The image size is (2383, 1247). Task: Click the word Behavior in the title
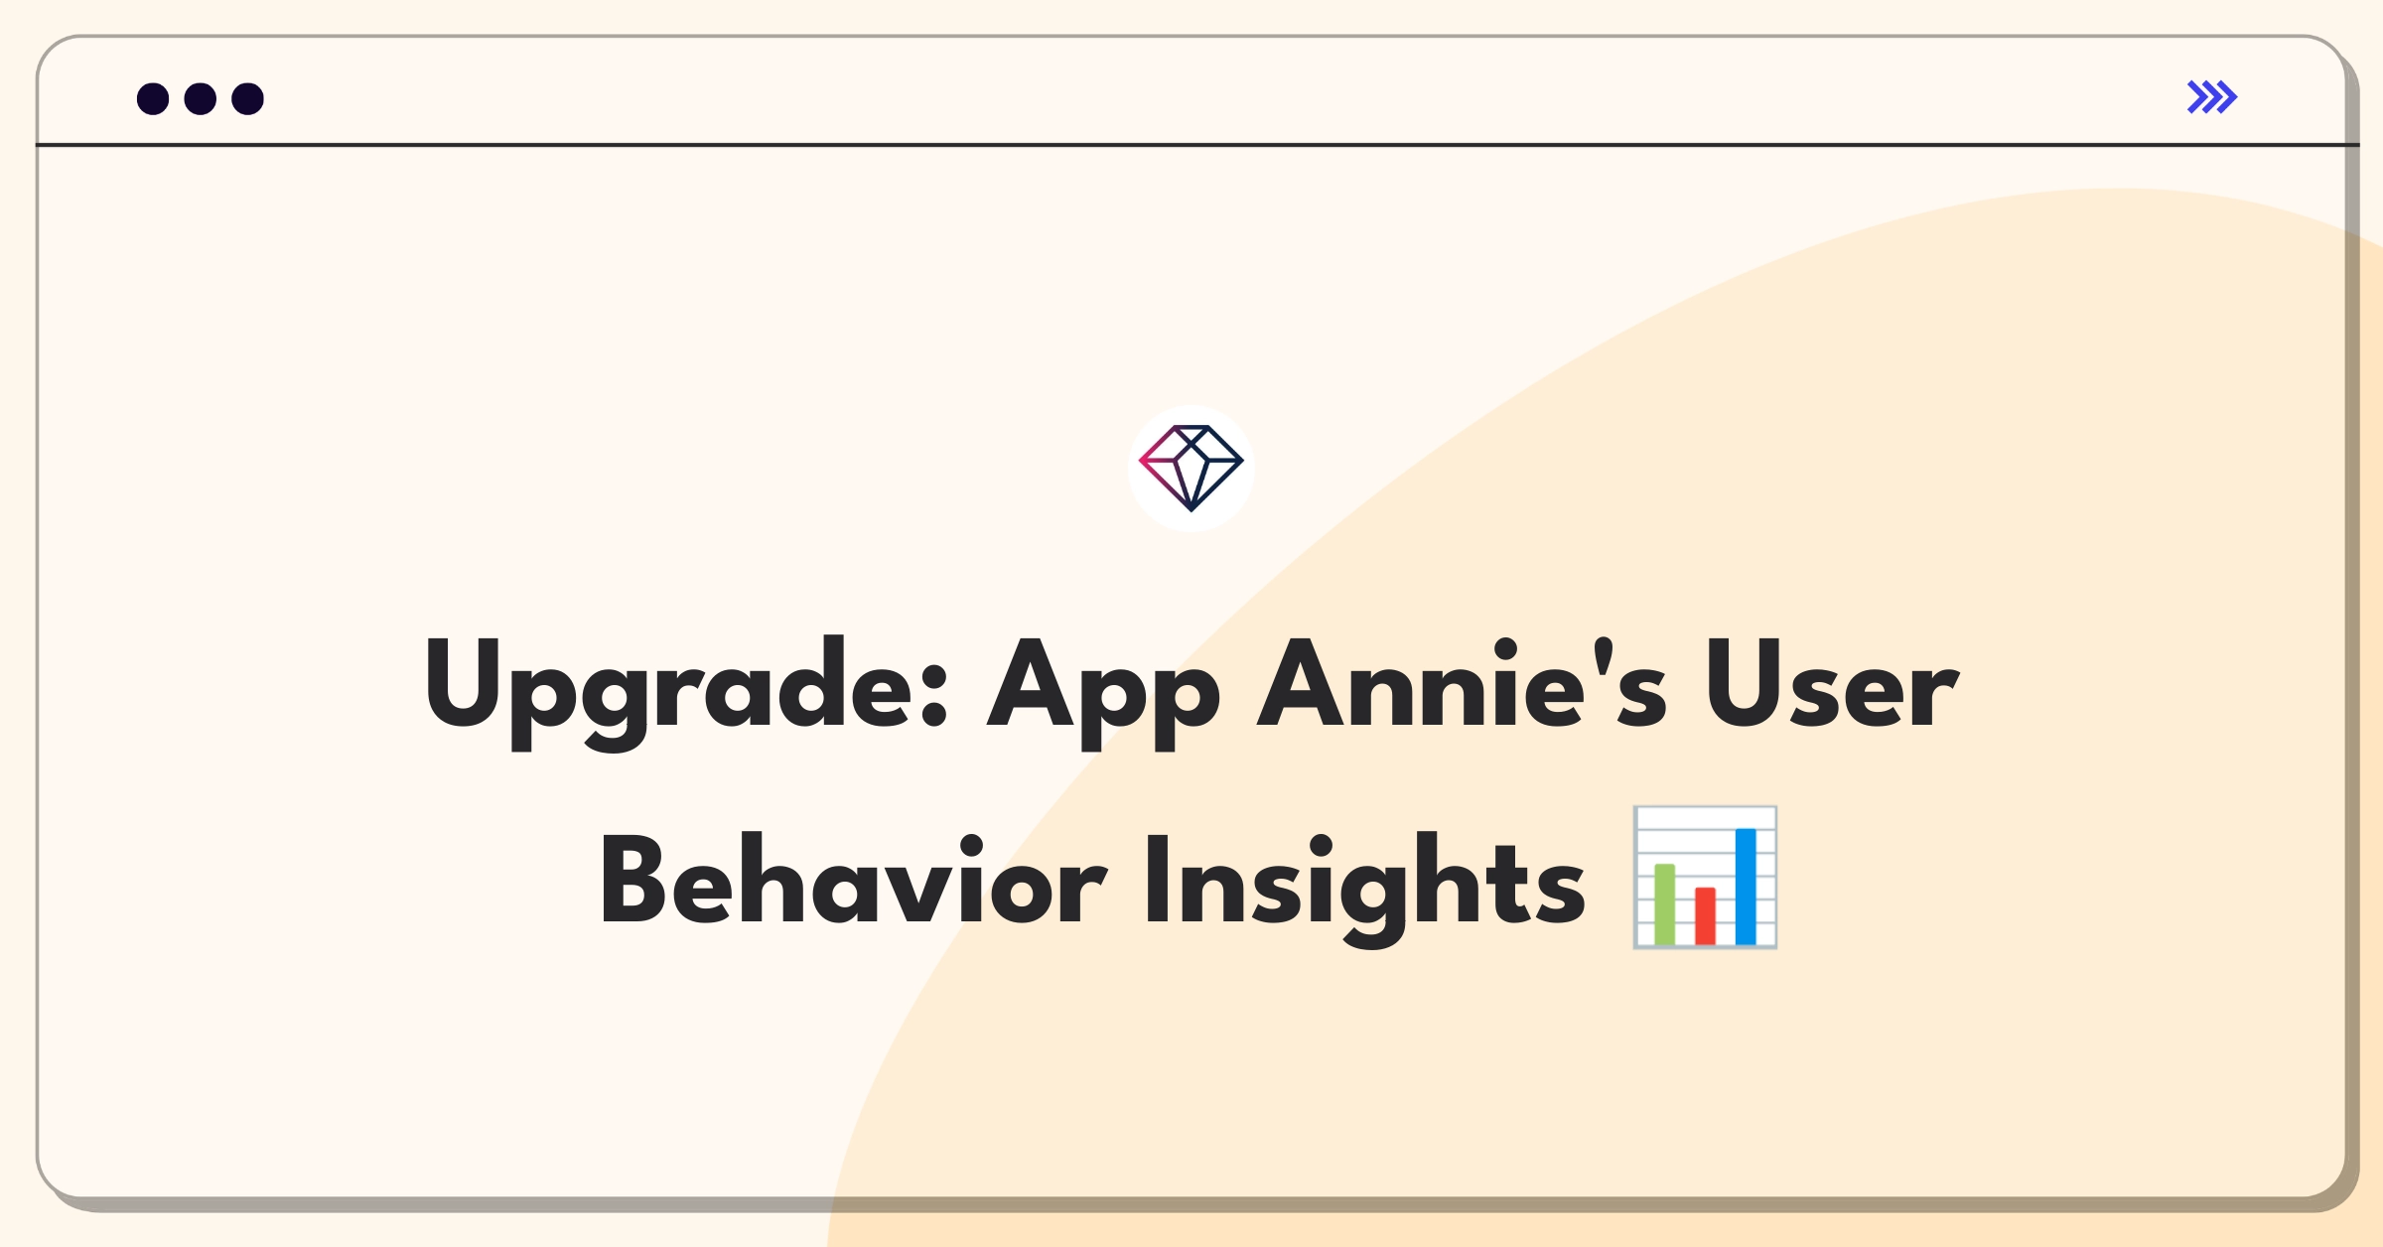tap(854, 879)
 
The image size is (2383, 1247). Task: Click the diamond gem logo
tap(1191, 469)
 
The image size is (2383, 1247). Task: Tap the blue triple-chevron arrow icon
tap(2212, 97)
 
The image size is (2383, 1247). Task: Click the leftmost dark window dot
tap(153, 99)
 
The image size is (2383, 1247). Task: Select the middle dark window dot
tap(201, 99)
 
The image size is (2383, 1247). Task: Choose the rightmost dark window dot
tap(248, 99)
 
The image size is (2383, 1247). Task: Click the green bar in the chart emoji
tap(1665, 904)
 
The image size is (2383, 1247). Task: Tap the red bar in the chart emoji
tap(1706, 915)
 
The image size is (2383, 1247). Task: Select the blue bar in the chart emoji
tap(1746, 887)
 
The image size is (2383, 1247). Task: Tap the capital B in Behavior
tap(632, 880)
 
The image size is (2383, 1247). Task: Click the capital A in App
tap(1030, 682)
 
